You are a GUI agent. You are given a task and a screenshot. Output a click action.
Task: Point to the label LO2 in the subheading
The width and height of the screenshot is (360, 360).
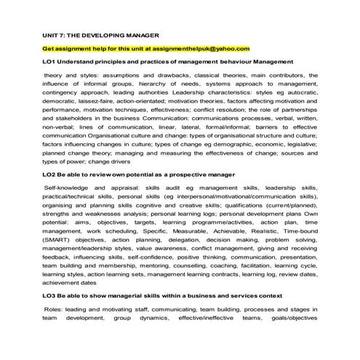pyautogui.click(x=49, y=175)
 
